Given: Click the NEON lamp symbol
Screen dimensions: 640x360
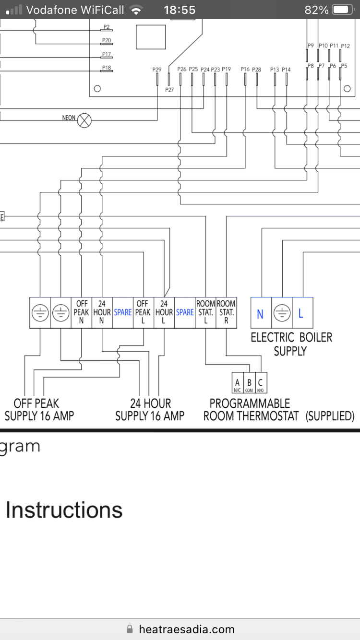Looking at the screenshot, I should [84, 119].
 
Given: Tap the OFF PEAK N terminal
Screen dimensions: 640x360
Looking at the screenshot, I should [82, 312].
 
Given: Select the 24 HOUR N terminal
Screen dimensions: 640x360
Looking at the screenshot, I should [102, 312].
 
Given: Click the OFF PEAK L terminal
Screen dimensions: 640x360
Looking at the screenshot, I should [143, 312].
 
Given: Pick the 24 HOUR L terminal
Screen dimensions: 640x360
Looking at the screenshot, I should [164, 312].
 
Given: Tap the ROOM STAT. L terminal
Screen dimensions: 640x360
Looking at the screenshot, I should [205, 312].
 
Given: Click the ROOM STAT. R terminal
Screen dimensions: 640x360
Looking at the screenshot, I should [226, 312].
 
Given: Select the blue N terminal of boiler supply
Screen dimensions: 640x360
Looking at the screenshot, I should [260, 314].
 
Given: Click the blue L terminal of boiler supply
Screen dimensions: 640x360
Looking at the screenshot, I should [301, 314].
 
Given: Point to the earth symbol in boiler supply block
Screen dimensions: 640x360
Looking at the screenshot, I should [281, 314].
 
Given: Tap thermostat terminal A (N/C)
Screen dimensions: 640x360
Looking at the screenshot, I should [237, 384].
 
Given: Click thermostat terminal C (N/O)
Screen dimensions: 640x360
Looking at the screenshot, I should [261, 384].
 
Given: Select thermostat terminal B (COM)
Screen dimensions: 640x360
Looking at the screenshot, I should [249, 384].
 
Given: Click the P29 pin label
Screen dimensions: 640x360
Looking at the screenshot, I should [157, 70].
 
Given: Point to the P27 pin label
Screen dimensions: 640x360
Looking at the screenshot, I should [169, 90].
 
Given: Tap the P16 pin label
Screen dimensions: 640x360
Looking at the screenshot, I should [245, 70].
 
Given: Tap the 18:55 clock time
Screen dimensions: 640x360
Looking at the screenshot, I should [180, 10].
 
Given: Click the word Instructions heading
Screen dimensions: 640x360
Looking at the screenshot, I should [64, 510].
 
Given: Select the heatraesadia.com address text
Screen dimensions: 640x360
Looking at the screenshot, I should [186, 629].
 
